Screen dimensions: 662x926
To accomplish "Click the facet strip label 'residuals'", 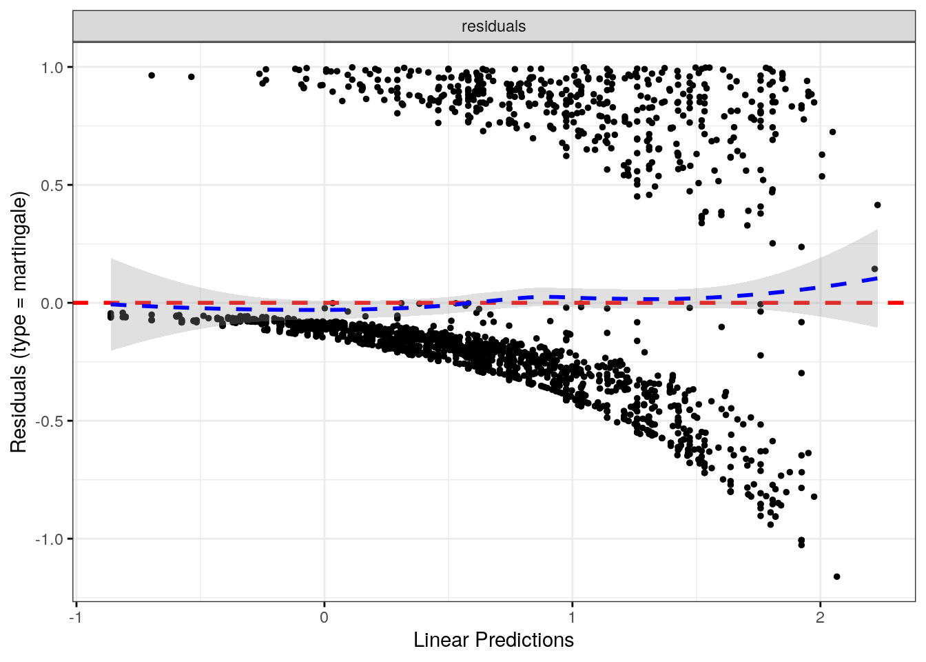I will pos(493,26).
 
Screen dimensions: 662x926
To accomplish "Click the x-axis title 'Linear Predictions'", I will pos(493,640).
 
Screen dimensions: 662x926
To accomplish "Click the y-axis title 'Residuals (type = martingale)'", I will pos(19,322).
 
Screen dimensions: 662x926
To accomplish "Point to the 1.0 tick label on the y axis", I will pos(52,68).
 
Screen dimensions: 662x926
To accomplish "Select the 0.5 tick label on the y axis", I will pos(52,185).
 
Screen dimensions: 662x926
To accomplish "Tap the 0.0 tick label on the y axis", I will pos(52,303).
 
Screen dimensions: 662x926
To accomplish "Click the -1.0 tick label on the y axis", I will pos(50,539).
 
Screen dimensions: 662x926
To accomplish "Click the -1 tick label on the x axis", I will pos(76,617).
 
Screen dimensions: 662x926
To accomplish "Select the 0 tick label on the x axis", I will pos(325,617).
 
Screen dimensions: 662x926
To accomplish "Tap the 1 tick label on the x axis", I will pos(572,617).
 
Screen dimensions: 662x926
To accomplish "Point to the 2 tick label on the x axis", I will pos(820,617).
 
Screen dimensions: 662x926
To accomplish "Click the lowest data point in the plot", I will pos(836,576).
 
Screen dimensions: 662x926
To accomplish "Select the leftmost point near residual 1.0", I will pos(152,75).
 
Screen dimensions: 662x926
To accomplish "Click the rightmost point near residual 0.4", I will pos(877,205).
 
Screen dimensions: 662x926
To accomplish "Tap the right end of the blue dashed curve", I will pos(877,278).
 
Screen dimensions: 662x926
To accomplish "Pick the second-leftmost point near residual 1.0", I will pos(192,77).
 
